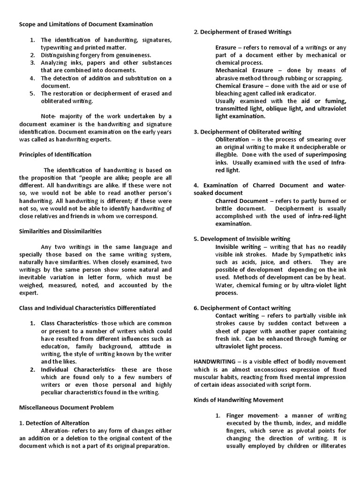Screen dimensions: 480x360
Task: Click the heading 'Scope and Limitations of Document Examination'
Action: [x=86, y=24]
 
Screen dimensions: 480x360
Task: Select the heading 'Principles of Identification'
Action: [x=55, y=154]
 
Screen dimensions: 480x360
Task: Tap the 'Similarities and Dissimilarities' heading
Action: [x=60, y=231]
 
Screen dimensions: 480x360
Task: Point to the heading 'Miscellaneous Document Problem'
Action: [x=66, y=407]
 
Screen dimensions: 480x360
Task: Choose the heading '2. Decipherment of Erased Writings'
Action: [x=242, y=32]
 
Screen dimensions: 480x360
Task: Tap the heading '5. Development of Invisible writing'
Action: [x=242, y=239]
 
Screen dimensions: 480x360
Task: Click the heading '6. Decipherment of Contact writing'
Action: [x=242, y=308]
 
